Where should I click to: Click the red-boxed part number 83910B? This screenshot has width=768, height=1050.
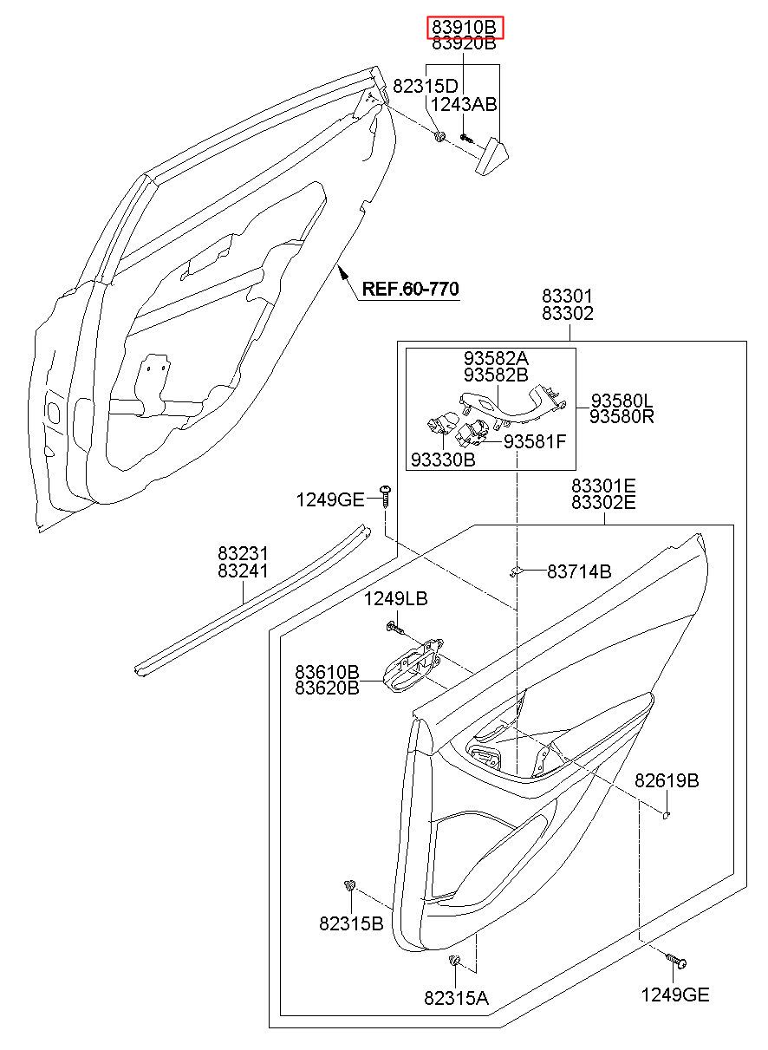464,27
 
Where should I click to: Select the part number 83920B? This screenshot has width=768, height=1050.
464,43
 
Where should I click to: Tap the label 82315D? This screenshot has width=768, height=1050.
425,86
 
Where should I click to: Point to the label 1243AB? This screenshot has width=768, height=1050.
464,104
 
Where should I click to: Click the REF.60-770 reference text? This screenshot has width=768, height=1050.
411,289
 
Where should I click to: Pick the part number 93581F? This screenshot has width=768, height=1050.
535,441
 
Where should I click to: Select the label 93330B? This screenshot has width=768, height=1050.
443,460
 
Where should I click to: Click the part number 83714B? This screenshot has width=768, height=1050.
579,571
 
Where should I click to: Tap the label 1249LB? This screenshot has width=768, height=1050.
396,598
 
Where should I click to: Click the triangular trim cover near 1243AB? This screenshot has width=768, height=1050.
492,156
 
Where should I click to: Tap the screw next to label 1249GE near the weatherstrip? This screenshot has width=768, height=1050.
386,496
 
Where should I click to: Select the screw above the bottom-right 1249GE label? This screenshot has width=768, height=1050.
676,961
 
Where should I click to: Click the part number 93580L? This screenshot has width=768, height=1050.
622,401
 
